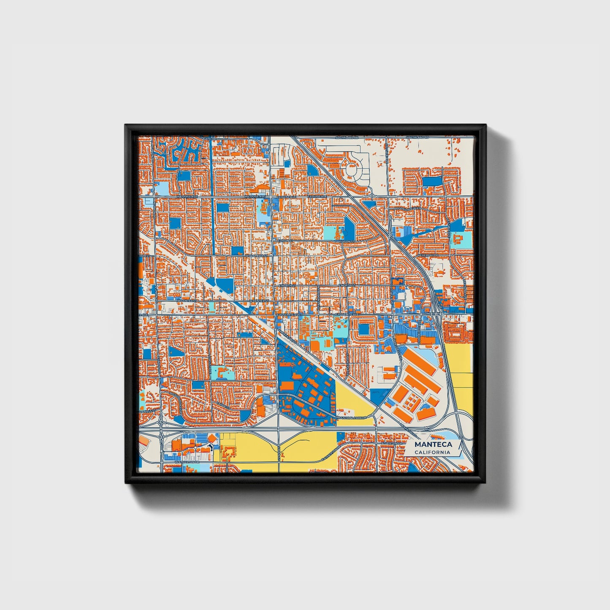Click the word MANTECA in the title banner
tap(433, 445)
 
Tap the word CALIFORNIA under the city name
tap(432, 453)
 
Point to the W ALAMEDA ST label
tap(256, 255)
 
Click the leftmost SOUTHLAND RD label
tap(347, 138)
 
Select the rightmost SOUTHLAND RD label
tap(417, 138)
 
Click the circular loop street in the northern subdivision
tap(352, 171)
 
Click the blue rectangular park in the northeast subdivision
tap(431, 181)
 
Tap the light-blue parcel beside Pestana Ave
tap(222, 373)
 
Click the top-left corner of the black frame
tap(126, 125)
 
